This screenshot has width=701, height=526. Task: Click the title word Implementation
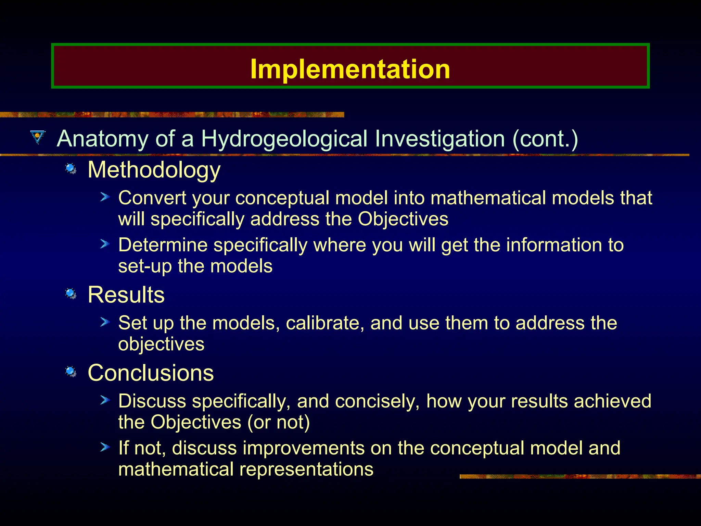point(350,69)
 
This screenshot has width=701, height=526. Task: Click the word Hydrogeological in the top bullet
point(284,139)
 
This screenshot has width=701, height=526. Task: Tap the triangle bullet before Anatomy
point(38,137)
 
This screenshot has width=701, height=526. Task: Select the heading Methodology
point(154,170)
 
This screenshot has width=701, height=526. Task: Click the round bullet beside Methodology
point(71,168)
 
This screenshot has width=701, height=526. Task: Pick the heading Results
point(126,295)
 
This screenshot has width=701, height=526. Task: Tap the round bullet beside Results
point(71,293)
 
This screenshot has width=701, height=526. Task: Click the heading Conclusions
point(151,373)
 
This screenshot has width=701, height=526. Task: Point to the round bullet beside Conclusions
point(71,371)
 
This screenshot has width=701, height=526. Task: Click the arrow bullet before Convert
point(105,197)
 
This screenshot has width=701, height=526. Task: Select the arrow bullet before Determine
point(105,244)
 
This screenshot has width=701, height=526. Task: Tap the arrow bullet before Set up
point(105,322)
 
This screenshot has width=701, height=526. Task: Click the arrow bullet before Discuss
point(105,400)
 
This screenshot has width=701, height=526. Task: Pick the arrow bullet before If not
point(105,447)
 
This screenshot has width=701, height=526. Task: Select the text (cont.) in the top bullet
point(545,139)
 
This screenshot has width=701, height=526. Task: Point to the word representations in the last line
point(306,469)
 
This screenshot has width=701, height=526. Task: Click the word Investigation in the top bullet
point(440,139)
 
